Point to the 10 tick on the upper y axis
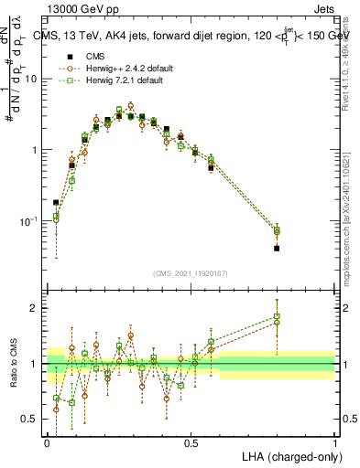34,79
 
